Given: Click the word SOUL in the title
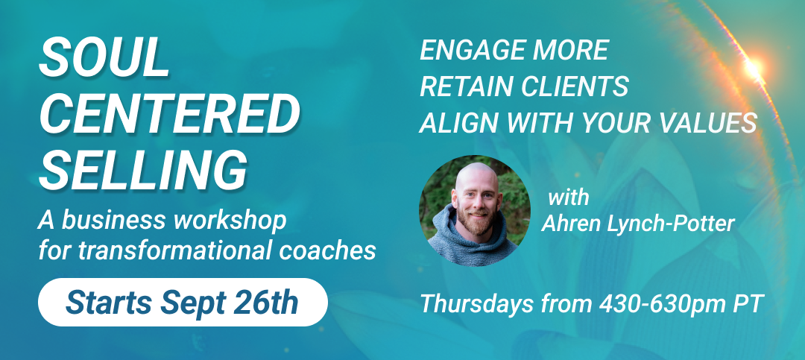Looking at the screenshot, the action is coord(104,57).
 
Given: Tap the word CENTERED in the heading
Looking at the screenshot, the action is coord(170,114).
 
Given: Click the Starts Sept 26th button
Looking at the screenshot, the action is coord(183,302).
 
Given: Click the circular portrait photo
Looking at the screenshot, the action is coord(475,210).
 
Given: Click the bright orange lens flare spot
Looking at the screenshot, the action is coord(753,67).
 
